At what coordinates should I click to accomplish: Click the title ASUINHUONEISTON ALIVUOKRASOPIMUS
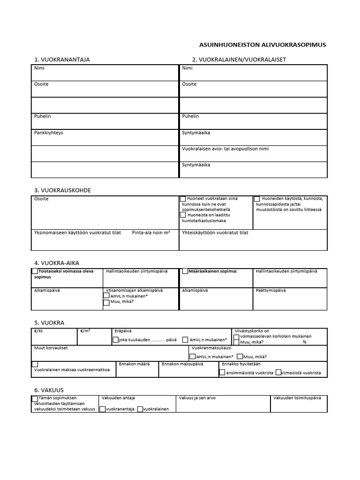[x=262, y=45]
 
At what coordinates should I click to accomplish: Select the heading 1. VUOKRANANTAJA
[x=62, y=60]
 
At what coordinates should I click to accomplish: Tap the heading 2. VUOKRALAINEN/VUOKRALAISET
[x=239, y=60]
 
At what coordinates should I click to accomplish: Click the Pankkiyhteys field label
[x=49, y=133]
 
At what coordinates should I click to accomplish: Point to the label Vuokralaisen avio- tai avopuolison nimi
[x=225, y=149]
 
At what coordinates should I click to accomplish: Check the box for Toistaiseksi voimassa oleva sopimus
[x=35, y=271]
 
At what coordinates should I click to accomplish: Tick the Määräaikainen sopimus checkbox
[x=185, y=271]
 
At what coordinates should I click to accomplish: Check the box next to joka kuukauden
[x=116, y=340]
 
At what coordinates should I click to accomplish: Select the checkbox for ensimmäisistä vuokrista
[x=222, y=372]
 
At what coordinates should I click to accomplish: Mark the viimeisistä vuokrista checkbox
[x=278, y=372]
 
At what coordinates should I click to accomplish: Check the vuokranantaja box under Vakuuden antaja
[x=103, y=409]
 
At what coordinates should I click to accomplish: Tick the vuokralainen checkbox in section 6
[x=140, y=409]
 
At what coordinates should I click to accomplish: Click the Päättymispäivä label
[x=270, y=290]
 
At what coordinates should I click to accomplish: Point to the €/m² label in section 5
[x=85, y=330]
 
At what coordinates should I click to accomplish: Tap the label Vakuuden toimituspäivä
[x=297, y=398]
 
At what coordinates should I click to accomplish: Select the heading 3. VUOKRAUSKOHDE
[x=62, y=190]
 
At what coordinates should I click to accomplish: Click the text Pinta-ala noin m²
[x=151, y=232]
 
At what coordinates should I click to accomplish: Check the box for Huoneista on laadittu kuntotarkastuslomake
[x=183, y=215]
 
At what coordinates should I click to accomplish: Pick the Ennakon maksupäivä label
[x=182, y=364]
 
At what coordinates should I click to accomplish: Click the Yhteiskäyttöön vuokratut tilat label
[x=215, y=232]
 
